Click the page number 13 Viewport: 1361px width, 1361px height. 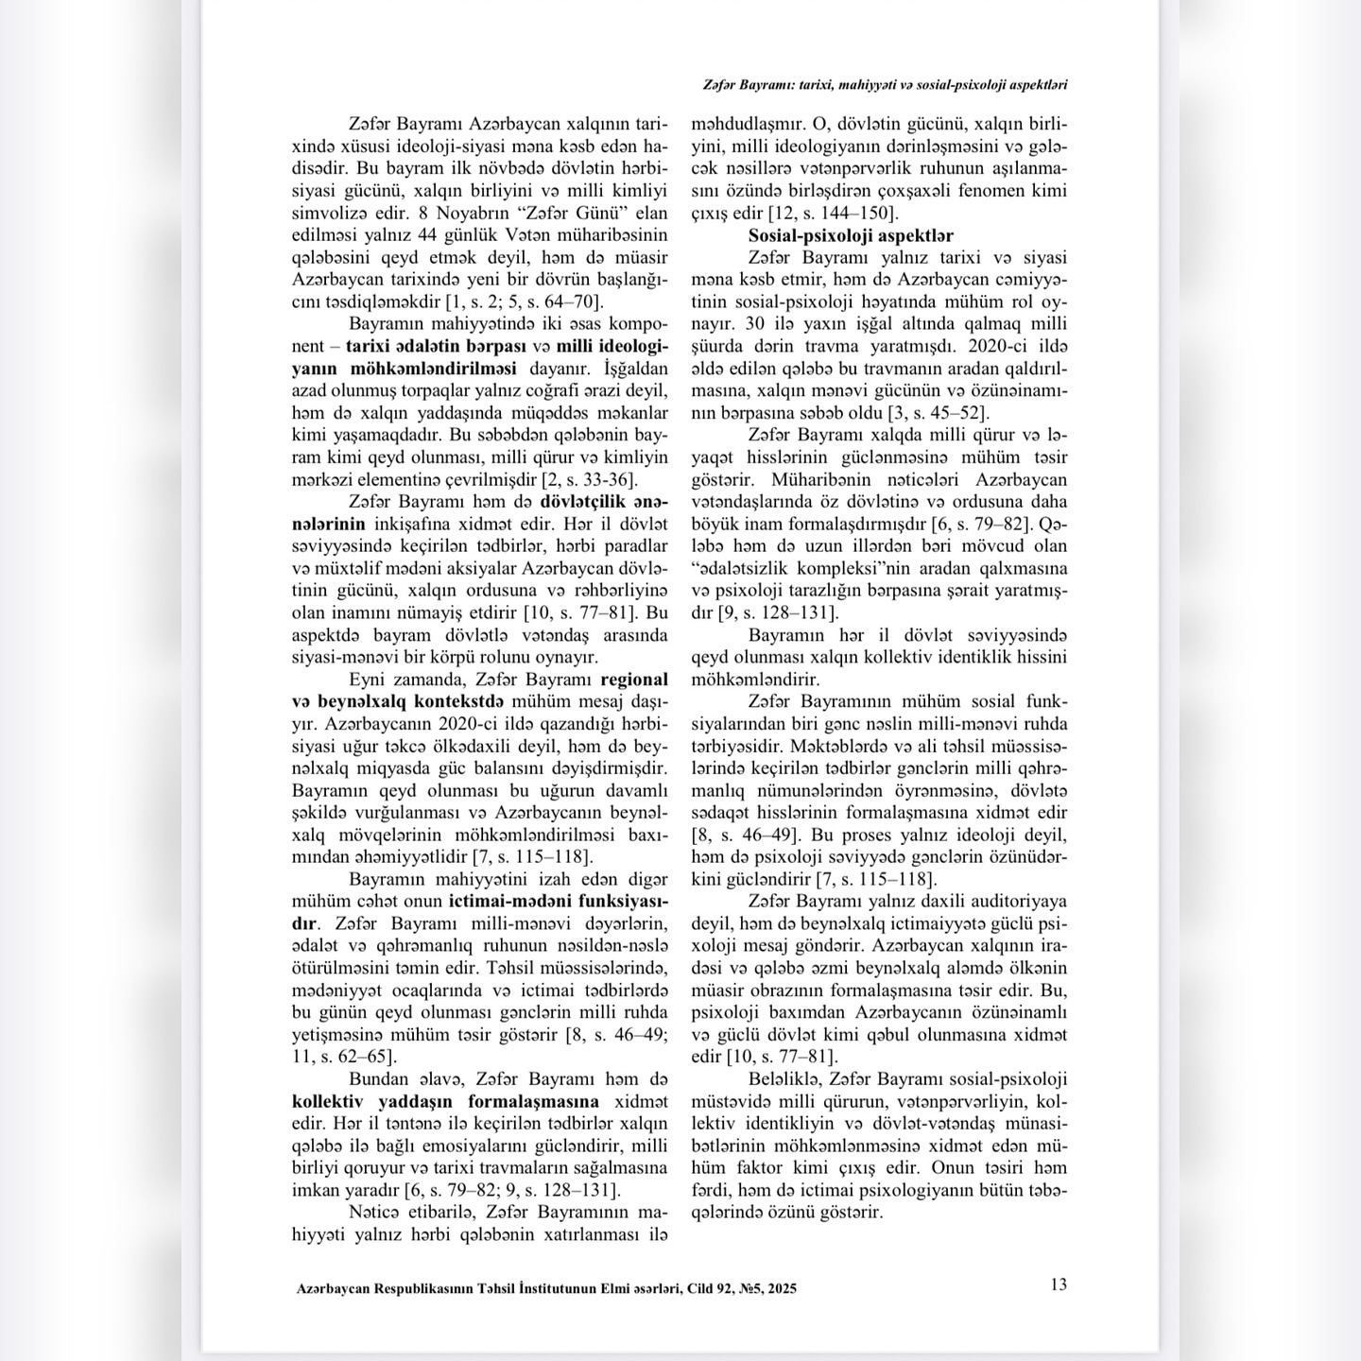(x=1059, y=1284)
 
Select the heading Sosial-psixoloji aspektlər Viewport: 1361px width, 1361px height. (x=851, y=235)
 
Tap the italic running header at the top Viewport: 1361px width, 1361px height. (x=885, y=84)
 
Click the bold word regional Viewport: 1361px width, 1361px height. (x=634, y=680)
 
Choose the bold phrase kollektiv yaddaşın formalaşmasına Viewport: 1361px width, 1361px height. (x=445, y=1101)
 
